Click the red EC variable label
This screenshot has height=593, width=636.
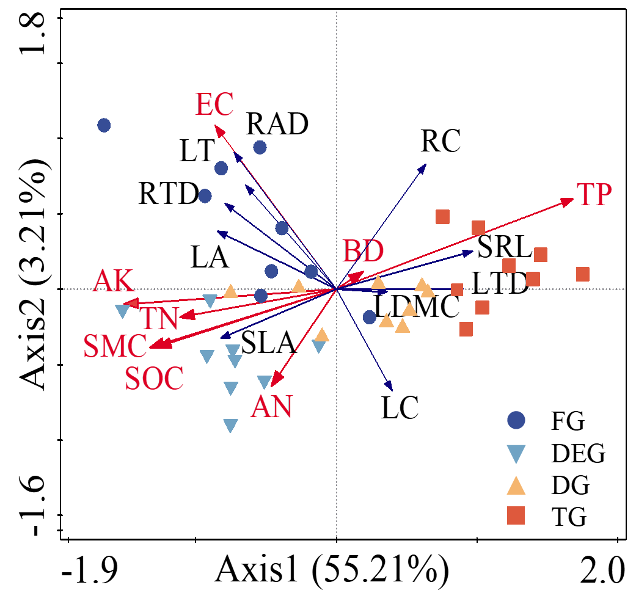214,105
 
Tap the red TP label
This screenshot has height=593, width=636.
594,194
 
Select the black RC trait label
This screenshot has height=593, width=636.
440,142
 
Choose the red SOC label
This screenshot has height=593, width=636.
154,379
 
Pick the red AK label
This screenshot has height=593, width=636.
114,282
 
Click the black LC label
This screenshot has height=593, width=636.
400,408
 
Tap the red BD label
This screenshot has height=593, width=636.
364,251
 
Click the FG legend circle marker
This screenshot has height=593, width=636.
517,420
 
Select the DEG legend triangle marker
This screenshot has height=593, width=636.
517,453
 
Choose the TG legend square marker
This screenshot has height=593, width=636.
517,518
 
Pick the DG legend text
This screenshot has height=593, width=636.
570,486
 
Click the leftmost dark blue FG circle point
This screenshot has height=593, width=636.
104,125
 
